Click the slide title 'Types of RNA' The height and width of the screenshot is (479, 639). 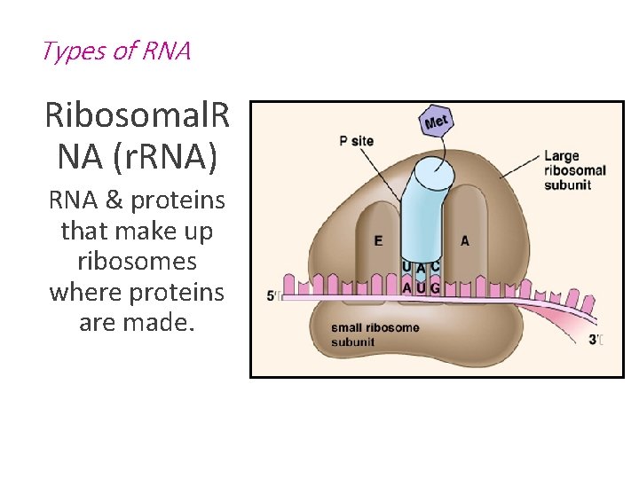tap(115, 51)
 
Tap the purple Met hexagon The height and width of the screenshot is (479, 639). tap(437, 122)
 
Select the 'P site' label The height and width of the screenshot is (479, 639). tap(356, 140)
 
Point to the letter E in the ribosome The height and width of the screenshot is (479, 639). tap(379, 240)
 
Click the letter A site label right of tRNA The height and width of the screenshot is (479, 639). tap(465, 240)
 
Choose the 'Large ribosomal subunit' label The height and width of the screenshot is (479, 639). tap(574, 170)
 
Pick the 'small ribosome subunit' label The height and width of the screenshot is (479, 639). tap(375, 334)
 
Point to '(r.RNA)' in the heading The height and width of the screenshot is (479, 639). tap(169, 156)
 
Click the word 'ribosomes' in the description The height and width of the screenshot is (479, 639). tap(137, 262)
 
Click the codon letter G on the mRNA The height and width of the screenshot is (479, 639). tap(434, 287)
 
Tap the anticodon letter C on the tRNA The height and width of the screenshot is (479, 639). tap(435, 266)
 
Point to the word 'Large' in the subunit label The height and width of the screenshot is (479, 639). tap(561, 156)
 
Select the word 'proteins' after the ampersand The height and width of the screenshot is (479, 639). tap(177, 201)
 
